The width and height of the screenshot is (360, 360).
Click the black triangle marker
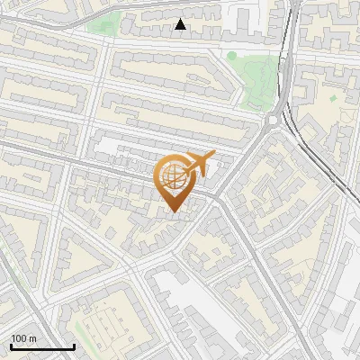(x=181, y=24)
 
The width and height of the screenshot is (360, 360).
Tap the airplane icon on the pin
(x=199, y=164)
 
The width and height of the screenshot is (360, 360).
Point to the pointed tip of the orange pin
(x=174, y=211)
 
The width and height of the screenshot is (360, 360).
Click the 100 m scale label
(x=23, y=337)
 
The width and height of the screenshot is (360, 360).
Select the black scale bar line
(x=42, y=346)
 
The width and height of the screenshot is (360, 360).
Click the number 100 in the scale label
(x=19, y=337)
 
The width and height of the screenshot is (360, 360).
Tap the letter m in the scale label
(x=33, y=337)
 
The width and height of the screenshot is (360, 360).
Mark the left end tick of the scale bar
(x=11, y=345)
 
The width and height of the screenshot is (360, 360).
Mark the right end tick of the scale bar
(x=74, y=345)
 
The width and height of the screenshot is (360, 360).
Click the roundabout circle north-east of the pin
(x=274, y=120)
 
